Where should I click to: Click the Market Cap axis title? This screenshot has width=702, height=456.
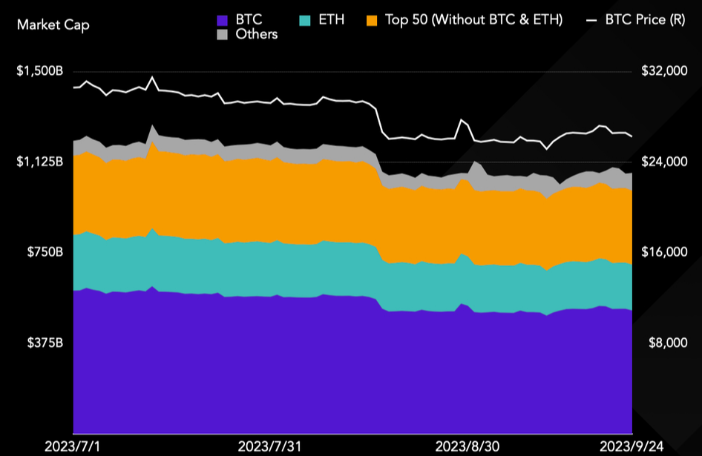tap(53, 25)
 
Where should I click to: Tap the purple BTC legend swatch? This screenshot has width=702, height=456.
tap(222, 20)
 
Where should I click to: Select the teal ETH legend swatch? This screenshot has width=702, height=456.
tap(305, 20)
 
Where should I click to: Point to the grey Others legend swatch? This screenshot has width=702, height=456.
tap(222, 34)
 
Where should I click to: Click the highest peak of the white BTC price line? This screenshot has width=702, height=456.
tap(152, 77)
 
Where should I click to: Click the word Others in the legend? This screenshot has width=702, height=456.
tap(257, 34)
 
